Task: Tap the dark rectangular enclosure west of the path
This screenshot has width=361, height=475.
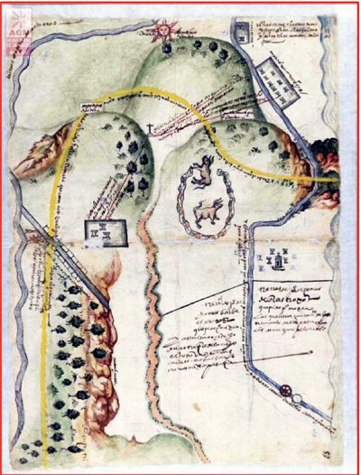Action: point(101,232)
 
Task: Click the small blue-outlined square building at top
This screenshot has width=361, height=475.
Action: point(244,33)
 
